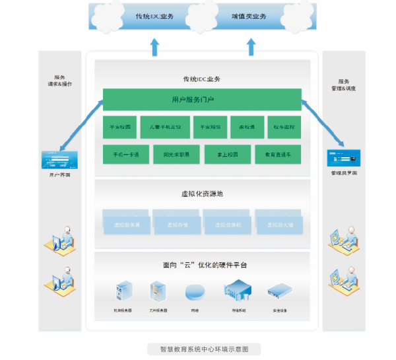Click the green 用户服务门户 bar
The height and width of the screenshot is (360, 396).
pos(202,100)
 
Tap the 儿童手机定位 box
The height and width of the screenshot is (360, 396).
pos(170,127)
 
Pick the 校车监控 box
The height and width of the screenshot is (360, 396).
pos(278,127)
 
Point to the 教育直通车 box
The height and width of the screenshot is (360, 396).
pos(278,155)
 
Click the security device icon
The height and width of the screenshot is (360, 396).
pos(279,291)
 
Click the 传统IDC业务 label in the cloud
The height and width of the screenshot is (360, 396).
pos(154,16)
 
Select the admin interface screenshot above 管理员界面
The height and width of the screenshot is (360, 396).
pos(344,158)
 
